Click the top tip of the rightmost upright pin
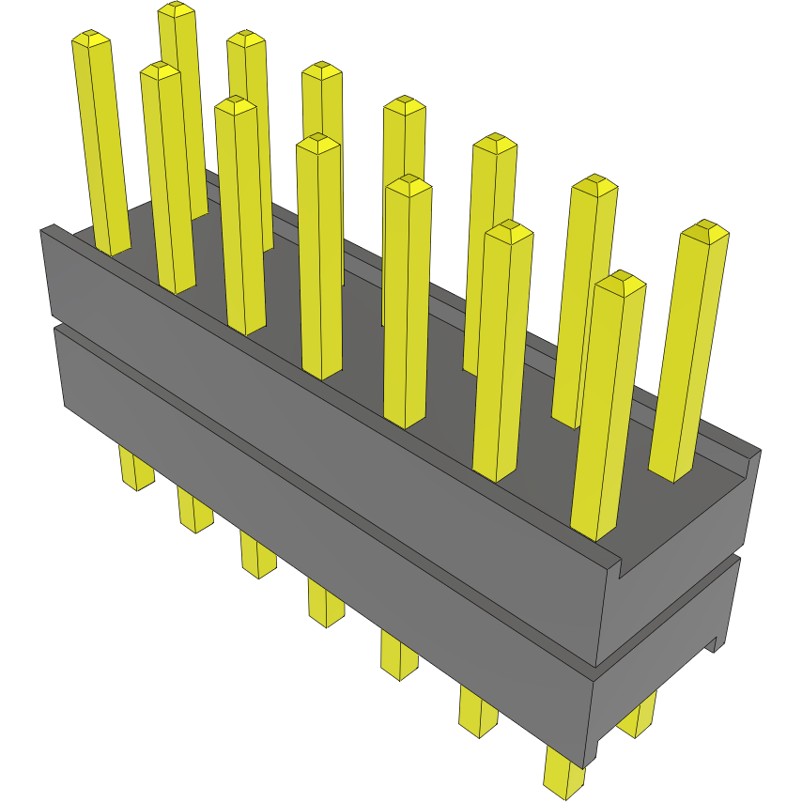(x=704, y=231)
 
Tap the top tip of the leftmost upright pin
(x=90, y=39)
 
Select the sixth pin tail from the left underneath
(x=478, y=709)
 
